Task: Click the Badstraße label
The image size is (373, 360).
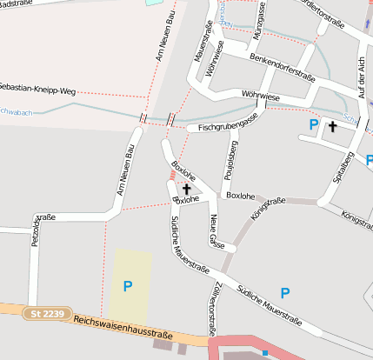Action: coord(17,3)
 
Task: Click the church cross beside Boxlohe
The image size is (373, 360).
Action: coord(186,188)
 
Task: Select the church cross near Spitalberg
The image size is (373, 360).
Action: coord(331,127)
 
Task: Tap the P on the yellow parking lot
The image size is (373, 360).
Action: coord(129,285)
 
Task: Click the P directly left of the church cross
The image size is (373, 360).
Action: coord(313,125)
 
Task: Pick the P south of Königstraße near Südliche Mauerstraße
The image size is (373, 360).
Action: coord(284,292)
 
